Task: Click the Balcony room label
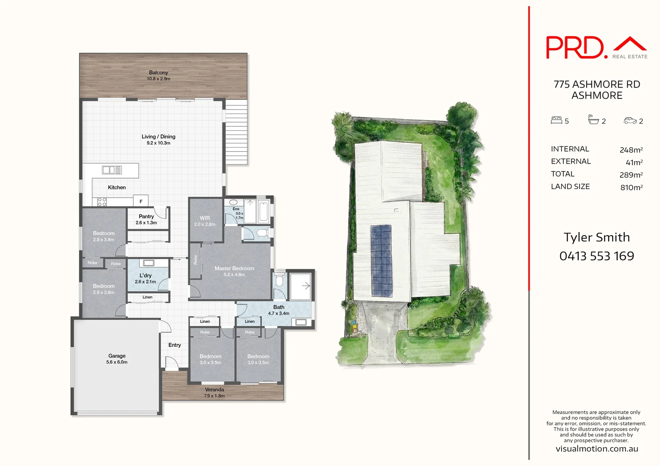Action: pyautogui.click(x=159, y=73)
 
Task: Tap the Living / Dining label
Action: pyautogui.click(x=159, y=137)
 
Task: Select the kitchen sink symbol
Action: pyautogui.click(x=112, y=170)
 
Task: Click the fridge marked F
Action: pyautogui.click(x=141, y=201)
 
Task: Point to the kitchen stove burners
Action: pyautogui.click(x=102, y=202)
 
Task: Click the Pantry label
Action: pyautogui.click(x=146, y=217)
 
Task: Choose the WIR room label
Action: pyautogui.click(x=205, y=218)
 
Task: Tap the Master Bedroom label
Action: pyautogui.click(x=234, y=268)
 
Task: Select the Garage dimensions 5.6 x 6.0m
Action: pyautogui.click(x=117, y=362)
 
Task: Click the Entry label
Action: pyautogui.click(x=175, y=345)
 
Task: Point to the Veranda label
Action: pyautogui.click(x=214, y=390)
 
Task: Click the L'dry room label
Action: pyautogui.click(x=146, y=276)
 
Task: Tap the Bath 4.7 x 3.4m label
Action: pyautogui.click(x=279, y=310)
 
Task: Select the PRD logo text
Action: pyautogui.click(x=574, y=47)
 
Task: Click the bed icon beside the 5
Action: pyautogui.click(x=556, y=120)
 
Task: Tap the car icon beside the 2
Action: pyautogui.click(x=630, y=121)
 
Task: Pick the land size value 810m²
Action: pyautogui.click(x=631, y=187)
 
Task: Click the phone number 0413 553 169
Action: pyautogui.click(x=597, y=256)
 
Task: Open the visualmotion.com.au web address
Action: pyautogui.click(x=597, y=449)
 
